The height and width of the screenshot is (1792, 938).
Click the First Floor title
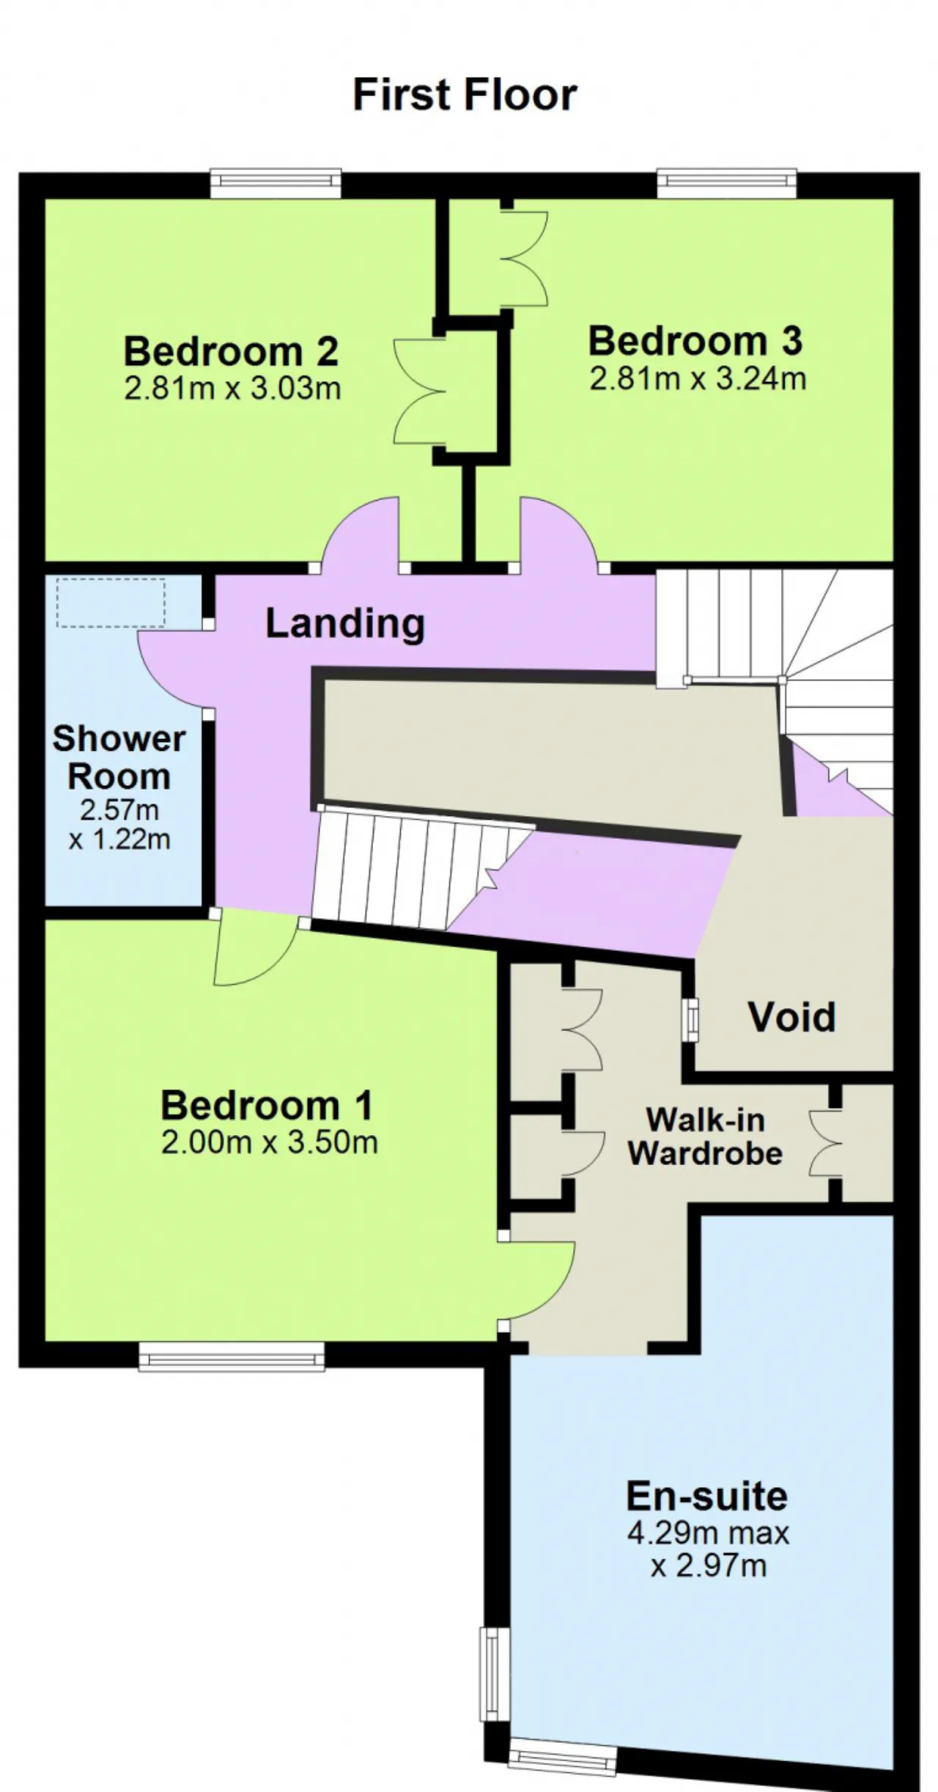[465, 95]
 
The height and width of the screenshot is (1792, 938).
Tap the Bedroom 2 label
[231, 351]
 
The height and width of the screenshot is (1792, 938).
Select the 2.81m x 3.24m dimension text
[698, 379]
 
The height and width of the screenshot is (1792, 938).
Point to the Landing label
[345, 623]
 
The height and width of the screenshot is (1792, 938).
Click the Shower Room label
[119, 757]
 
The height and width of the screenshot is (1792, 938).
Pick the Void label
[792, 1017]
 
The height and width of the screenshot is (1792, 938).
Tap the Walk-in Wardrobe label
[705, 1136]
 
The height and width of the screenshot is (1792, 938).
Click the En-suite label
[707, 1497]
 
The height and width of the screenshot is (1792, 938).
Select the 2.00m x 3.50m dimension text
[270, 1142]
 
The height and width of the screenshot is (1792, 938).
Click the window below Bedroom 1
[232, 1356]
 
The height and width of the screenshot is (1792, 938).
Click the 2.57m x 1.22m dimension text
[119, 824]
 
